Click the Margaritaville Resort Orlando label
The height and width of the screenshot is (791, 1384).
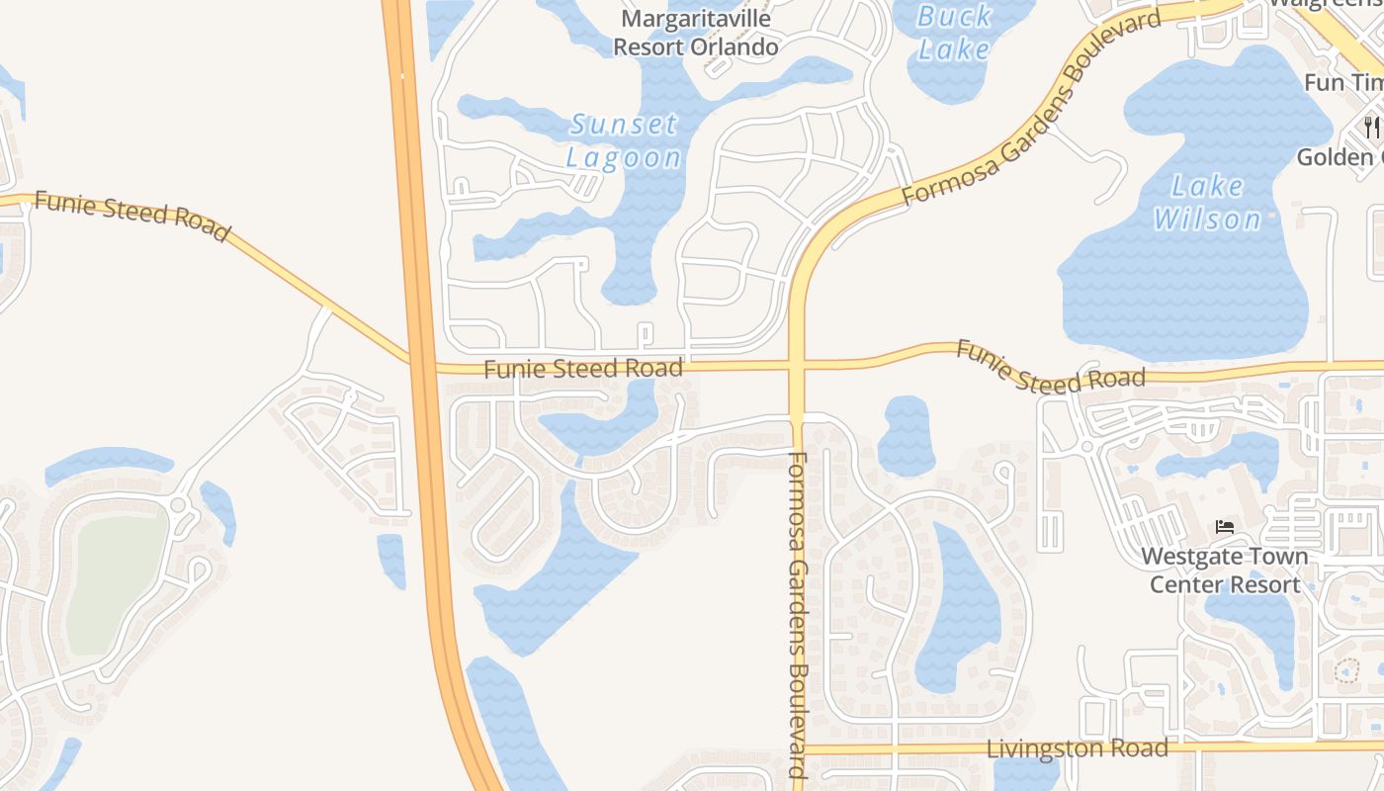point(696,33)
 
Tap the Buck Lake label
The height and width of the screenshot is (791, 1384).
point(954,32)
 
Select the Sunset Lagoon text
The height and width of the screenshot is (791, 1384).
point(624,140)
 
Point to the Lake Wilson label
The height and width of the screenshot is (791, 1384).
point(1207,202)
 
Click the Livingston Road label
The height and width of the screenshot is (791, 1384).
point(1078,747)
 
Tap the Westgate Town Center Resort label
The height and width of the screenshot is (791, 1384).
point(1225,571)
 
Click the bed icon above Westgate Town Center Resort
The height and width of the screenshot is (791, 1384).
point(1225,527)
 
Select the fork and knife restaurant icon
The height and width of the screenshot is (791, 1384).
point(1371,127)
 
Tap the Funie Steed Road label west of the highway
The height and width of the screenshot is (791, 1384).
point(131,215)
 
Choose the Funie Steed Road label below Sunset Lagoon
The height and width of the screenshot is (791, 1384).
point(583,369)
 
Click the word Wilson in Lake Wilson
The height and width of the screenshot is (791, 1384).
point(1207,219)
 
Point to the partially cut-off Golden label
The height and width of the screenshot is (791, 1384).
point(1340,157)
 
